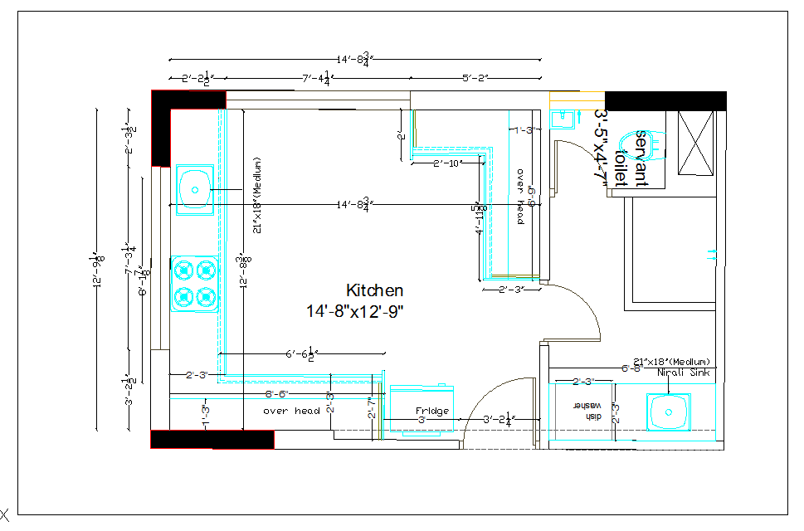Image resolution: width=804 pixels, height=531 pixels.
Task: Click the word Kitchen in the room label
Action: click(x=374, y=290)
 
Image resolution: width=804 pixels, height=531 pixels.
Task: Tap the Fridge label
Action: click(x=431, y=411)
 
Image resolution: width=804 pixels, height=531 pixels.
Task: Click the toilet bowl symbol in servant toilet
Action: click(x=643, y=143)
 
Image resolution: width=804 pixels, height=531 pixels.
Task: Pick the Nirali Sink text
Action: click(x=682, y=373)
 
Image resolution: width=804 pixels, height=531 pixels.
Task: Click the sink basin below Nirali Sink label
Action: click(x=669, y=410)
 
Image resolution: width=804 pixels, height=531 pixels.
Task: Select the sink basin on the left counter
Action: click(x=195, y=189)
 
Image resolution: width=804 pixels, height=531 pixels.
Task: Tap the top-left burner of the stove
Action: click(x=183, y=270)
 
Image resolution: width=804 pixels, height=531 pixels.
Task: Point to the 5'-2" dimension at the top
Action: click(x=475, y=78)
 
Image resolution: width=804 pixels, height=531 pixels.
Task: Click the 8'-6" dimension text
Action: click(x=276, y=393)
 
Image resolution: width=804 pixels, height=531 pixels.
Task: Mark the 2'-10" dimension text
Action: click(x=447, y=163)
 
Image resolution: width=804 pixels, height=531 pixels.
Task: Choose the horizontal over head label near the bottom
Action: click(x=291, y=411)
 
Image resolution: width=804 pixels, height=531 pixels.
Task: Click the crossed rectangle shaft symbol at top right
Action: click(x=695, y=142)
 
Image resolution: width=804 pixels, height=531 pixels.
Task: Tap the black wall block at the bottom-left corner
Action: click(x=212, y=439)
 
